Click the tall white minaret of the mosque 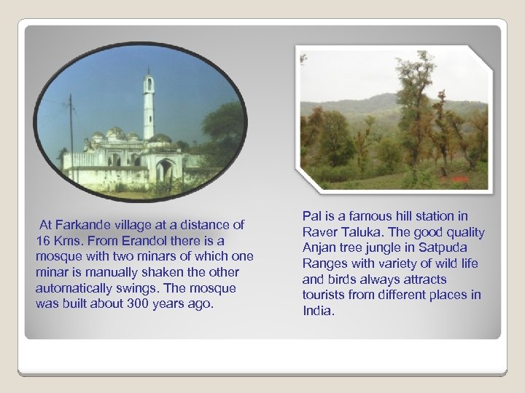[149, 106]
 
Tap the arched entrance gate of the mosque [165, 170]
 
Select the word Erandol [160, 240]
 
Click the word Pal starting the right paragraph [312, 216]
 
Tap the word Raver [319, 232]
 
